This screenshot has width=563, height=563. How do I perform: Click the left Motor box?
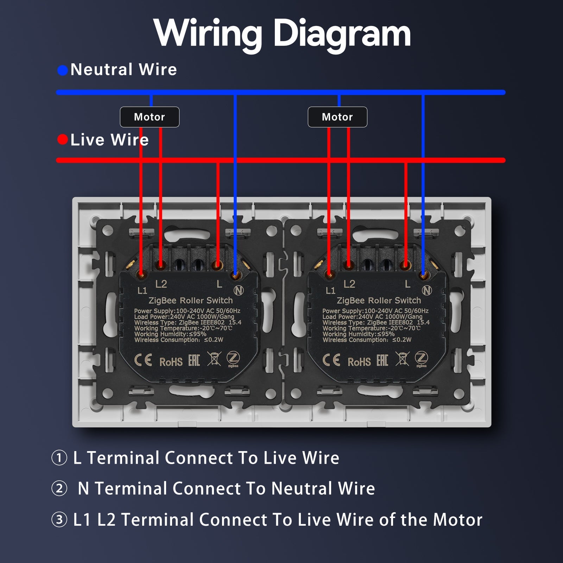pos(150,117)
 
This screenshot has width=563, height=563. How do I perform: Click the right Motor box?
pos(337,117)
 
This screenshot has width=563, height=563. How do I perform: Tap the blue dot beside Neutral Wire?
pos(63,70)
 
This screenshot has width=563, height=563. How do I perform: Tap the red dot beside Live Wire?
pos(63,140)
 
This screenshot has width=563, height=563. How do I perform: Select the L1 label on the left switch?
pos(142,290)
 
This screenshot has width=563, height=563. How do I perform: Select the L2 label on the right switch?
pos(349,284)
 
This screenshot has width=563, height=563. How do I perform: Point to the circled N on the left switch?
pos(239,290)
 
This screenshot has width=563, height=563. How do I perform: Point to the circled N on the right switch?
pos(427,290)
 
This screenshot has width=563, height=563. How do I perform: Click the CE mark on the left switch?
pos(143,360)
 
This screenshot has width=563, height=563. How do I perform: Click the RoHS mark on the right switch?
pos(359,362)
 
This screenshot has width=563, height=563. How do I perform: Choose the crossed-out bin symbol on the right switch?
pos(402,359)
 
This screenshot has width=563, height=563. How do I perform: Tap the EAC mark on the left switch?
pos(194,360)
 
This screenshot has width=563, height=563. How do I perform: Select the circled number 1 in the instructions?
pos(59,458)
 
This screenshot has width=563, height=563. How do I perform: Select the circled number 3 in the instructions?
pos(59,520)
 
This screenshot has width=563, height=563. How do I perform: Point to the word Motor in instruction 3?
pos(457,520)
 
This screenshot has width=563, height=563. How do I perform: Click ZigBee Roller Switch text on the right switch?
pos(379,301)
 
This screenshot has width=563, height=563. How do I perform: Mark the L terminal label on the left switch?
pos(219,284)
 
